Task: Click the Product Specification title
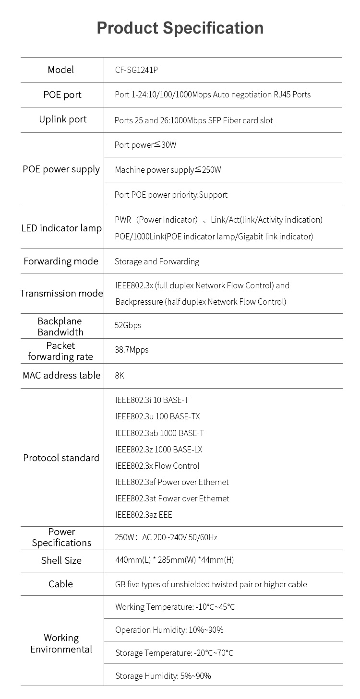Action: coord(180,28)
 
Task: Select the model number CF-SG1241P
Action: coord(136,70)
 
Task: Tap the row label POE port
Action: coord(62,95)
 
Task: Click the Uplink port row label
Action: coord(63,119)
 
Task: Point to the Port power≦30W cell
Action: coord(145,145)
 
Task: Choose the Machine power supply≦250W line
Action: coord(168,170)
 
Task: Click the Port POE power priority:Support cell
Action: coord(171,195)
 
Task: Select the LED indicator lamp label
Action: coord(61,228)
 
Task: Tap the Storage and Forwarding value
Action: coord(157,261)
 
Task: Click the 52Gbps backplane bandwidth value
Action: coord(128,325)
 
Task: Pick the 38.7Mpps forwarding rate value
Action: coord(132,350)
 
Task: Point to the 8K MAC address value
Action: coord(120,375)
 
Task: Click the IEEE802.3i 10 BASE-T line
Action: coord(152,400)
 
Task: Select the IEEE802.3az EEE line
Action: coord(144,515)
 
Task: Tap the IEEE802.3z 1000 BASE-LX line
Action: coord(159,450)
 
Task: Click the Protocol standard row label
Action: coord(61,458)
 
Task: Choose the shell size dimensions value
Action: coord(175,560)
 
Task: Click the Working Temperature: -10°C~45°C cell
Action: coord(175,607)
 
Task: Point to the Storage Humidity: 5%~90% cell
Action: coord(163,676)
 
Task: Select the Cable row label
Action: coord(61,584)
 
